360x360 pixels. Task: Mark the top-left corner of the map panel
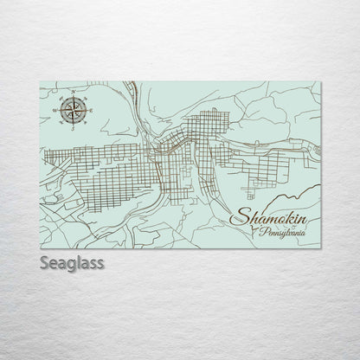[41, 81]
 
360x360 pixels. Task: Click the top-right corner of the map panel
[321, 81]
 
